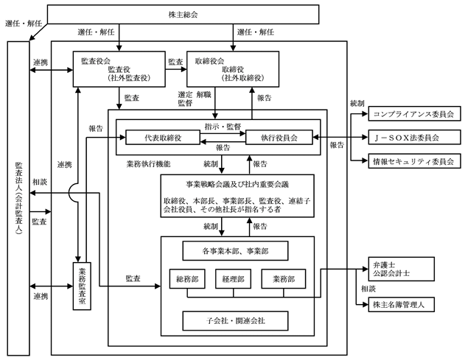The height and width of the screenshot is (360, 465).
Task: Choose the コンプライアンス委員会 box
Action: (412, 115)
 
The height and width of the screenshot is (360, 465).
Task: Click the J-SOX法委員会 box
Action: (412, 137)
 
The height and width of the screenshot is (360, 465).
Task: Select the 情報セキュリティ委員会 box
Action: (412, 159)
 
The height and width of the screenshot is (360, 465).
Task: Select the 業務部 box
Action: (283, 279)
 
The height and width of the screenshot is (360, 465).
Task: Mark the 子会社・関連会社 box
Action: (236, 319)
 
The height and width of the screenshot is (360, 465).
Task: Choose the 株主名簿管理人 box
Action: (401, 303)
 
